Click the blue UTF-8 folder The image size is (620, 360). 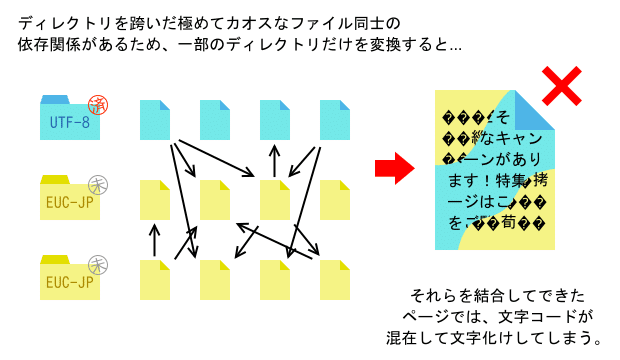point(70,120)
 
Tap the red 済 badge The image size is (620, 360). point(98,103)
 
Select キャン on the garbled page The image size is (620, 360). point(516,137)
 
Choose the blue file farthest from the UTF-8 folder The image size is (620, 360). point(335,119)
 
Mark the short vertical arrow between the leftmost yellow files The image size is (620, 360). point(154,240)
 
